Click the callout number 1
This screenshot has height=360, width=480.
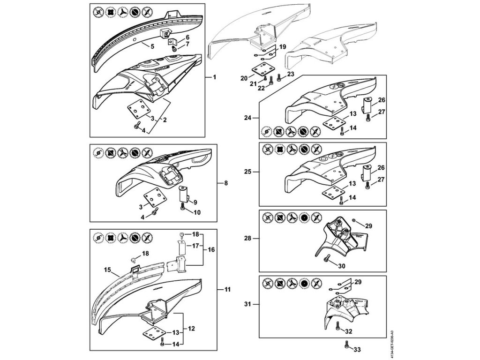(x=214, y=76)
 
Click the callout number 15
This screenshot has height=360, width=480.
(x=107, y=270)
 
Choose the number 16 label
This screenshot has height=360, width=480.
(x=211, y=250)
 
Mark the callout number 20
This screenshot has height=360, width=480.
(x=244, y=78)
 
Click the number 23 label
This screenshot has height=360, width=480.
(x=291, y=74)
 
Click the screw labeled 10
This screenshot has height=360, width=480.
(x=182, y=209)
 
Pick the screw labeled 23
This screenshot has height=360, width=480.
(x=279, y=77)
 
